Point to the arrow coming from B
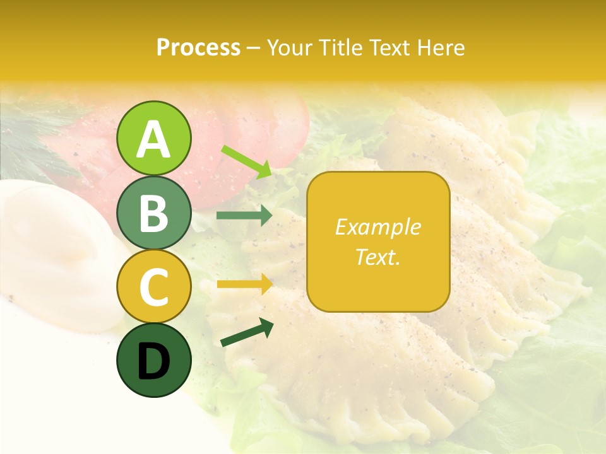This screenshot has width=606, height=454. [x=244, y=216]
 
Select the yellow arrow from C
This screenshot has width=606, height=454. [x=244, y=284]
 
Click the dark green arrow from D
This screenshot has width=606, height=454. [x=247, y=332]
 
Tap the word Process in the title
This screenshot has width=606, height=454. [x=198, y=47]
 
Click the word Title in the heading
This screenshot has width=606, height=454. [x=338, y=47]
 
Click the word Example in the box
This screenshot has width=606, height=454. [x=377, y=227]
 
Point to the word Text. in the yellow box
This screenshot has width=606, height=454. [x=377, y=257]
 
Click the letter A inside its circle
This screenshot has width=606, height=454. [x=153, y=139]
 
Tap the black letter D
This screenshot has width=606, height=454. [x=153, y=362]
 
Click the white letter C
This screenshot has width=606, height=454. [x=153, y=288]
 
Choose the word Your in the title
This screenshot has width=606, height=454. [x=289, y=47]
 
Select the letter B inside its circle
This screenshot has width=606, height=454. [x=153, y=213]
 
